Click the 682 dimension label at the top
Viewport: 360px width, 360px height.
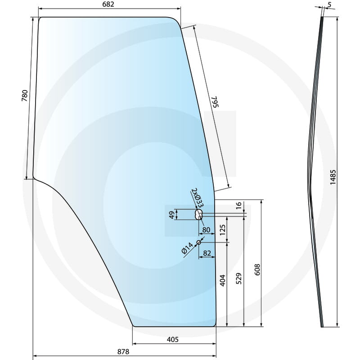(108, 4)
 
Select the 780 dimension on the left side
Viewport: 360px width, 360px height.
(25, 97)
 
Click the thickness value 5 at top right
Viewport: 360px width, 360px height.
(330, 4)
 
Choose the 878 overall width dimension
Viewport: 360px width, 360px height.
(123, 351)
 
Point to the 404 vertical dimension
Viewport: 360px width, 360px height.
(222, 281)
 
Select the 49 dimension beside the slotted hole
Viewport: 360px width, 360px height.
(171, 215)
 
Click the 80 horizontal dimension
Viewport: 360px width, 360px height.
(207, 230)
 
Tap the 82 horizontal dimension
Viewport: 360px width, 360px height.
(207, 253)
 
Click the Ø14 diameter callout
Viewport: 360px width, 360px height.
(187, 248)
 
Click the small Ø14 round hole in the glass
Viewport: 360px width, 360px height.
(198, 243)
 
